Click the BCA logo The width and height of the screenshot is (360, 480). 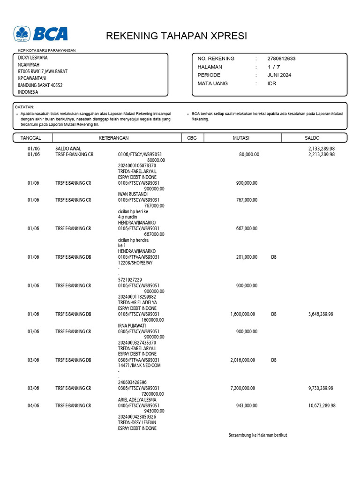point(41,34)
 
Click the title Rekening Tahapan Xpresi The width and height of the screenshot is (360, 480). point(176,36)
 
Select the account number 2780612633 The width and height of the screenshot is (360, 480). point(281,59)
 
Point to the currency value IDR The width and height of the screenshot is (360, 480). point(272,83)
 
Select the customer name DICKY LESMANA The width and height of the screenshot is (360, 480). point(33,58)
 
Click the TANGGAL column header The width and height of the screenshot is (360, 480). point(31,138)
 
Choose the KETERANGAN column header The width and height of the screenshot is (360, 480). point(113,138)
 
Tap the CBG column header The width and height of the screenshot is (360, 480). point(192,138)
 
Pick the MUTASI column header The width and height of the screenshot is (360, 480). point(241,138)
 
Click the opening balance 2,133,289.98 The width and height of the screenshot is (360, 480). point(321,149)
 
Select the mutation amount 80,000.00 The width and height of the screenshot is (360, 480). point(249,154)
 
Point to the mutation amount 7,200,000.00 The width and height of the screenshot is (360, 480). point(243,388)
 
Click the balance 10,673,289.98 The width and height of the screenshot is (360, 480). point(322,405)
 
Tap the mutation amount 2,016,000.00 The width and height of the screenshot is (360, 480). point(243,360)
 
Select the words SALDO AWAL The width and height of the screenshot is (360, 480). point(68,149)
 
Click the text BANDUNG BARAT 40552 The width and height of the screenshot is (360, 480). point(40,85)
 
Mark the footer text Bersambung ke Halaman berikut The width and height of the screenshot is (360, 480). point(257,435)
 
